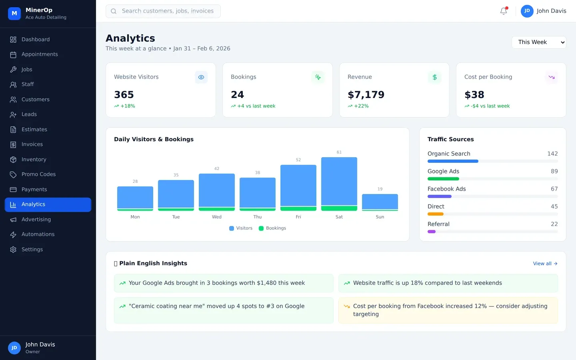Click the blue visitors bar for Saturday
[339, 181]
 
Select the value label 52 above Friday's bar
[298, 160]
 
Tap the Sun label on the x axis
[380, 217]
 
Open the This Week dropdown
[538, 42]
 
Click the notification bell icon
[504, 11]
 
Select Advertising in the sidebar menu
[36, 219]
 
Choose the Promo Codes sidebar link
[38, 174]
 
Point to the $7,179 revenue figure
[366, 95]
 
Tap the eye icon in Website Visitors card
[201, 77]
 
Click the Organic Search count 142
[552, 154]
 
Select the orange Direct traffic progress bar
[436, 214]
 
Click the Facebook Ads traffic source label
[446, 189]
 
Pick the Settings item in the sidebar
[32, 249]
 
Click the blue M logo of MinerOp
[14, 13]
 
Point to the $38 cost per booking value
[474, 95]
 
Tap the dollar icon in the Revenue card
[434, 77]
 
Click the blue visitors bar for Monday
[135, 197]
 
